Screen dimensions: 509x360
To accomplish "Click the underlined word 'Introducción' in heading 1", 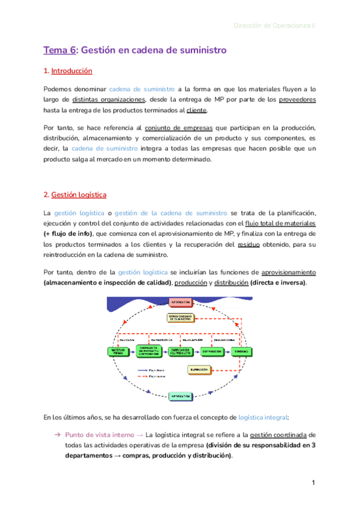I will point(71,71).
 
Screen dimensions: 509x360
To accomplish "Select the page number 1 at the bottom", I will point(313,483).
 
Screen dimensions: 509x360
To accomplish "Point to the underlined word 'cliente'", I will point(197,110).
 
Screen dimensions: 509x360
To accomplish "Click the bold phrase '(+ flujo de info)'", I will point(68,233).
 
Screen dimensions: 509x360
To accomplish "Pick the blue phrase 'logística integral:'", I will point(263,417).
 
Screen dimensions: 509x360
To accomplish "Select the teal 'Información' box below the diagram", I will point(181,396).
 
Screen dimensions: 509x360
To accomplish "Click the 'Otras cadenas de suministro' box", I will point(181,319).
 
